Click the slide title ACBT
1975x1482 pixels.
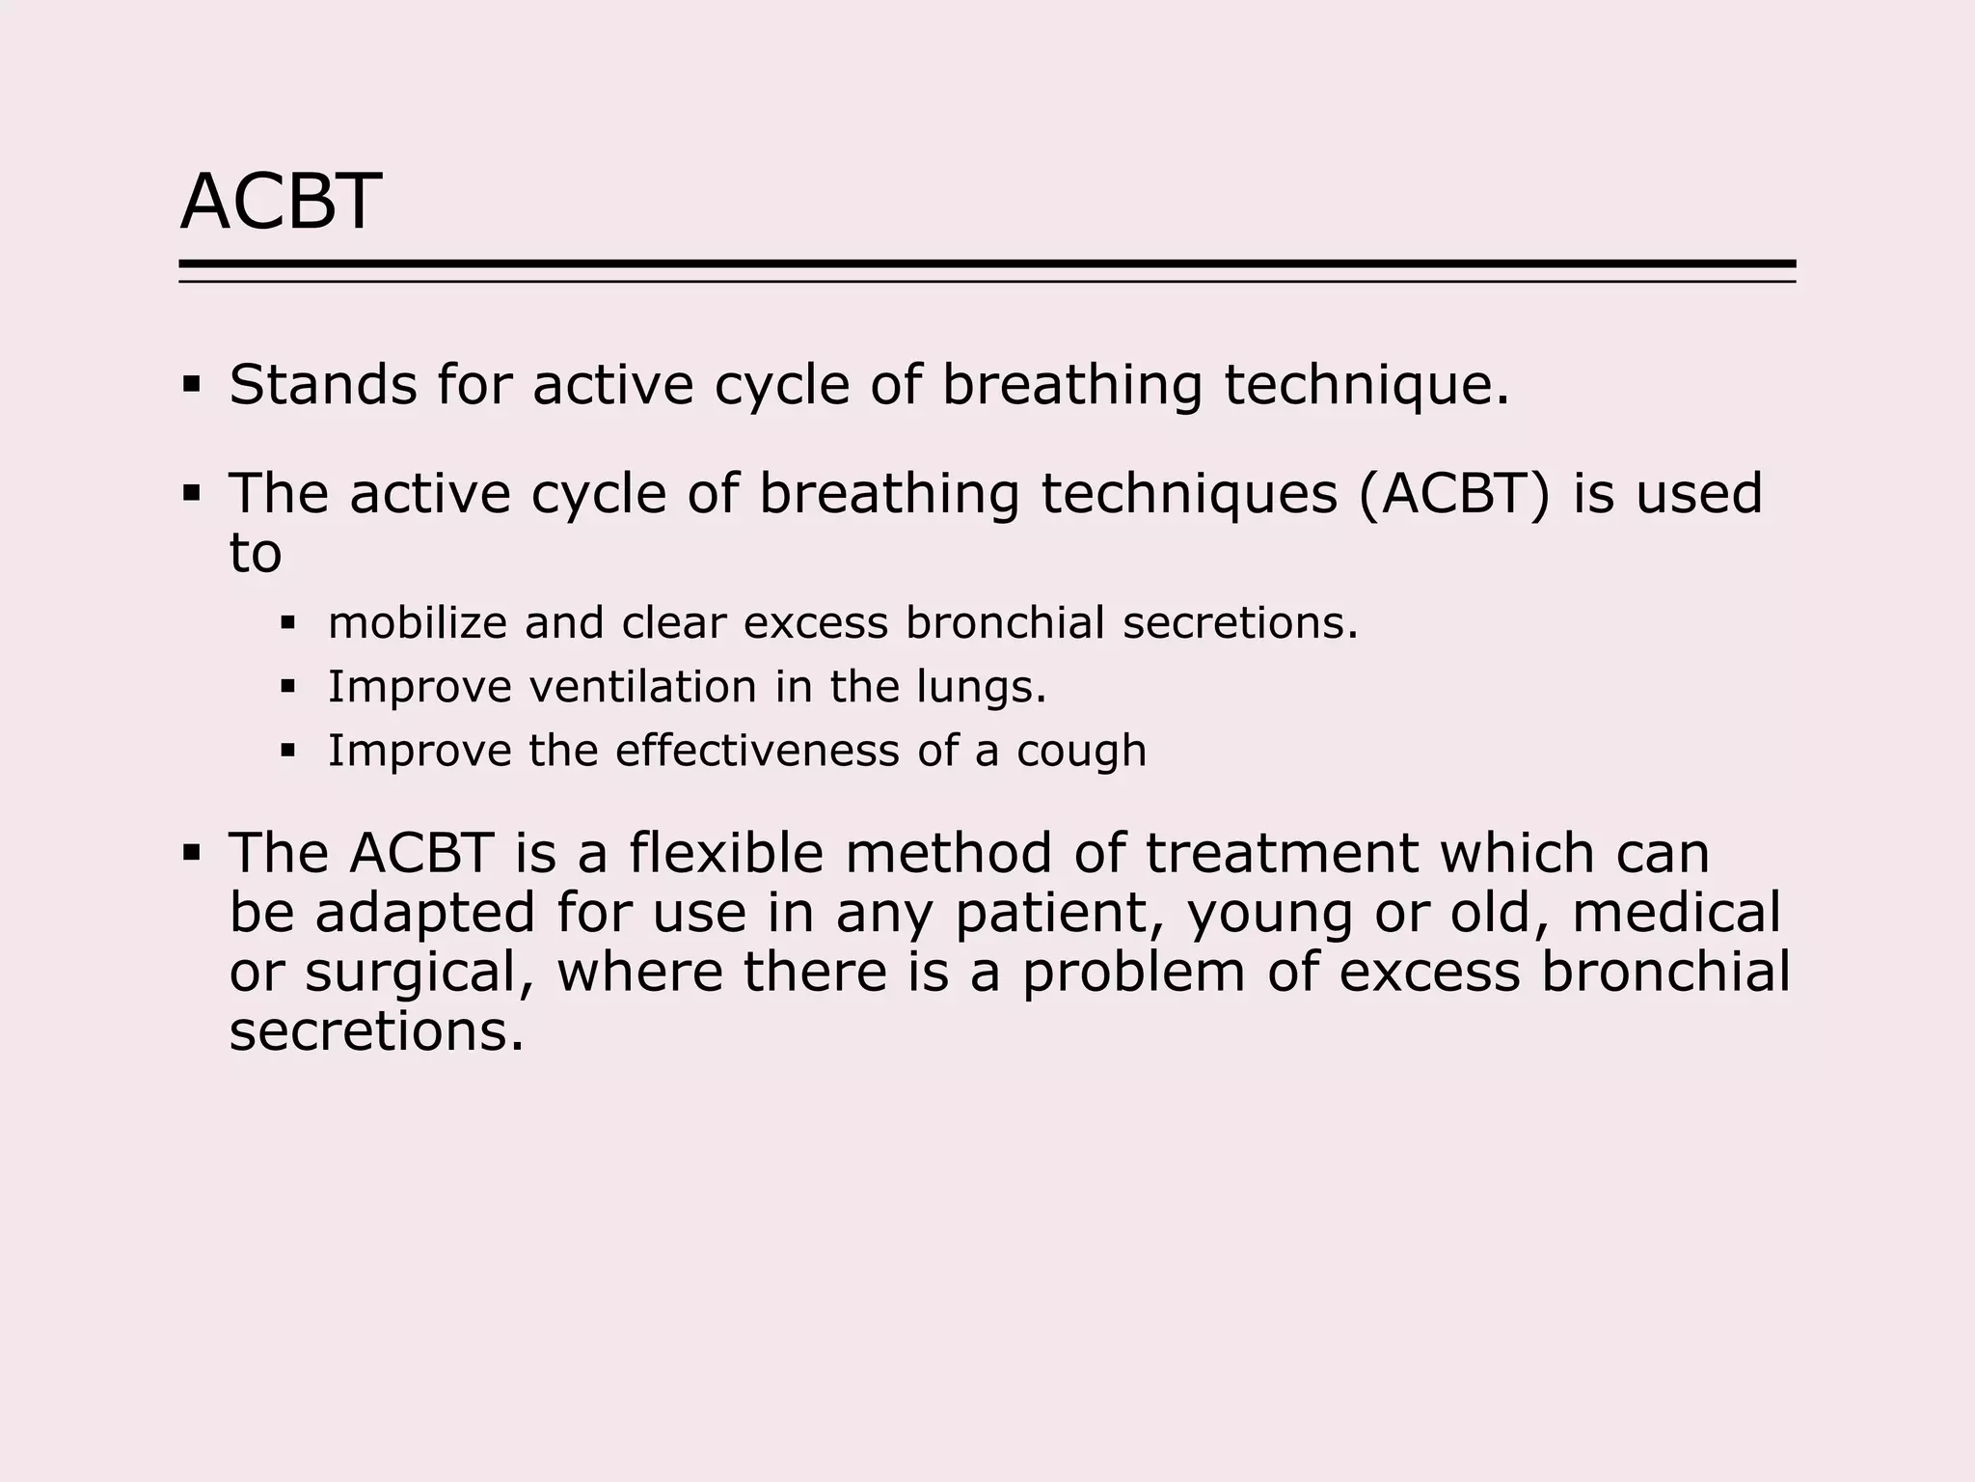click(x=281, y=202)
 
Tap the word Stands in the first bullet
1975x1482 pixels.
click(x=322, y=385)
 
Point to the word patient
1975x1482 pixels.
click(x=1061, y=914)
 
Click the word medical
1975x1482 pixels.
click(x=1676, y=913)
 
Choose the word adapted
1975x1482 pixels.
click(x=424, y=915)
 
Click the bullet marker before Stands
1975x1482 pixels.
click(x=191, y=386)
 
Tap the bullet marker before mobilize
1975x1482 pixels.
click(x=286, y=623)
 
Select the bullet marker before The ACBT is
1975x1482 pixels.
click(x=191, y=854)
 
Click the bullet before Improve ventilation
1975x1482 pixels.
click(x=286, y=687)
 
